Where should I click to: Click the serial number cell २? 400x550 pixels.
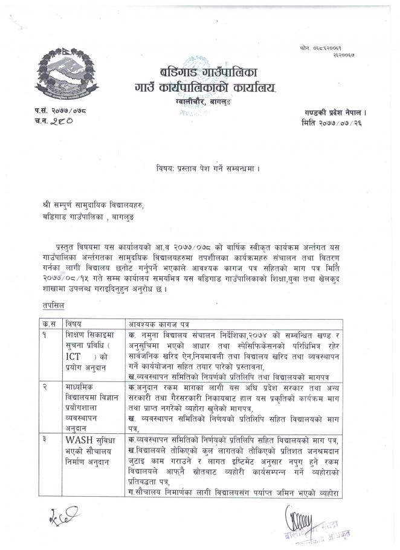pos(45,385)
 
